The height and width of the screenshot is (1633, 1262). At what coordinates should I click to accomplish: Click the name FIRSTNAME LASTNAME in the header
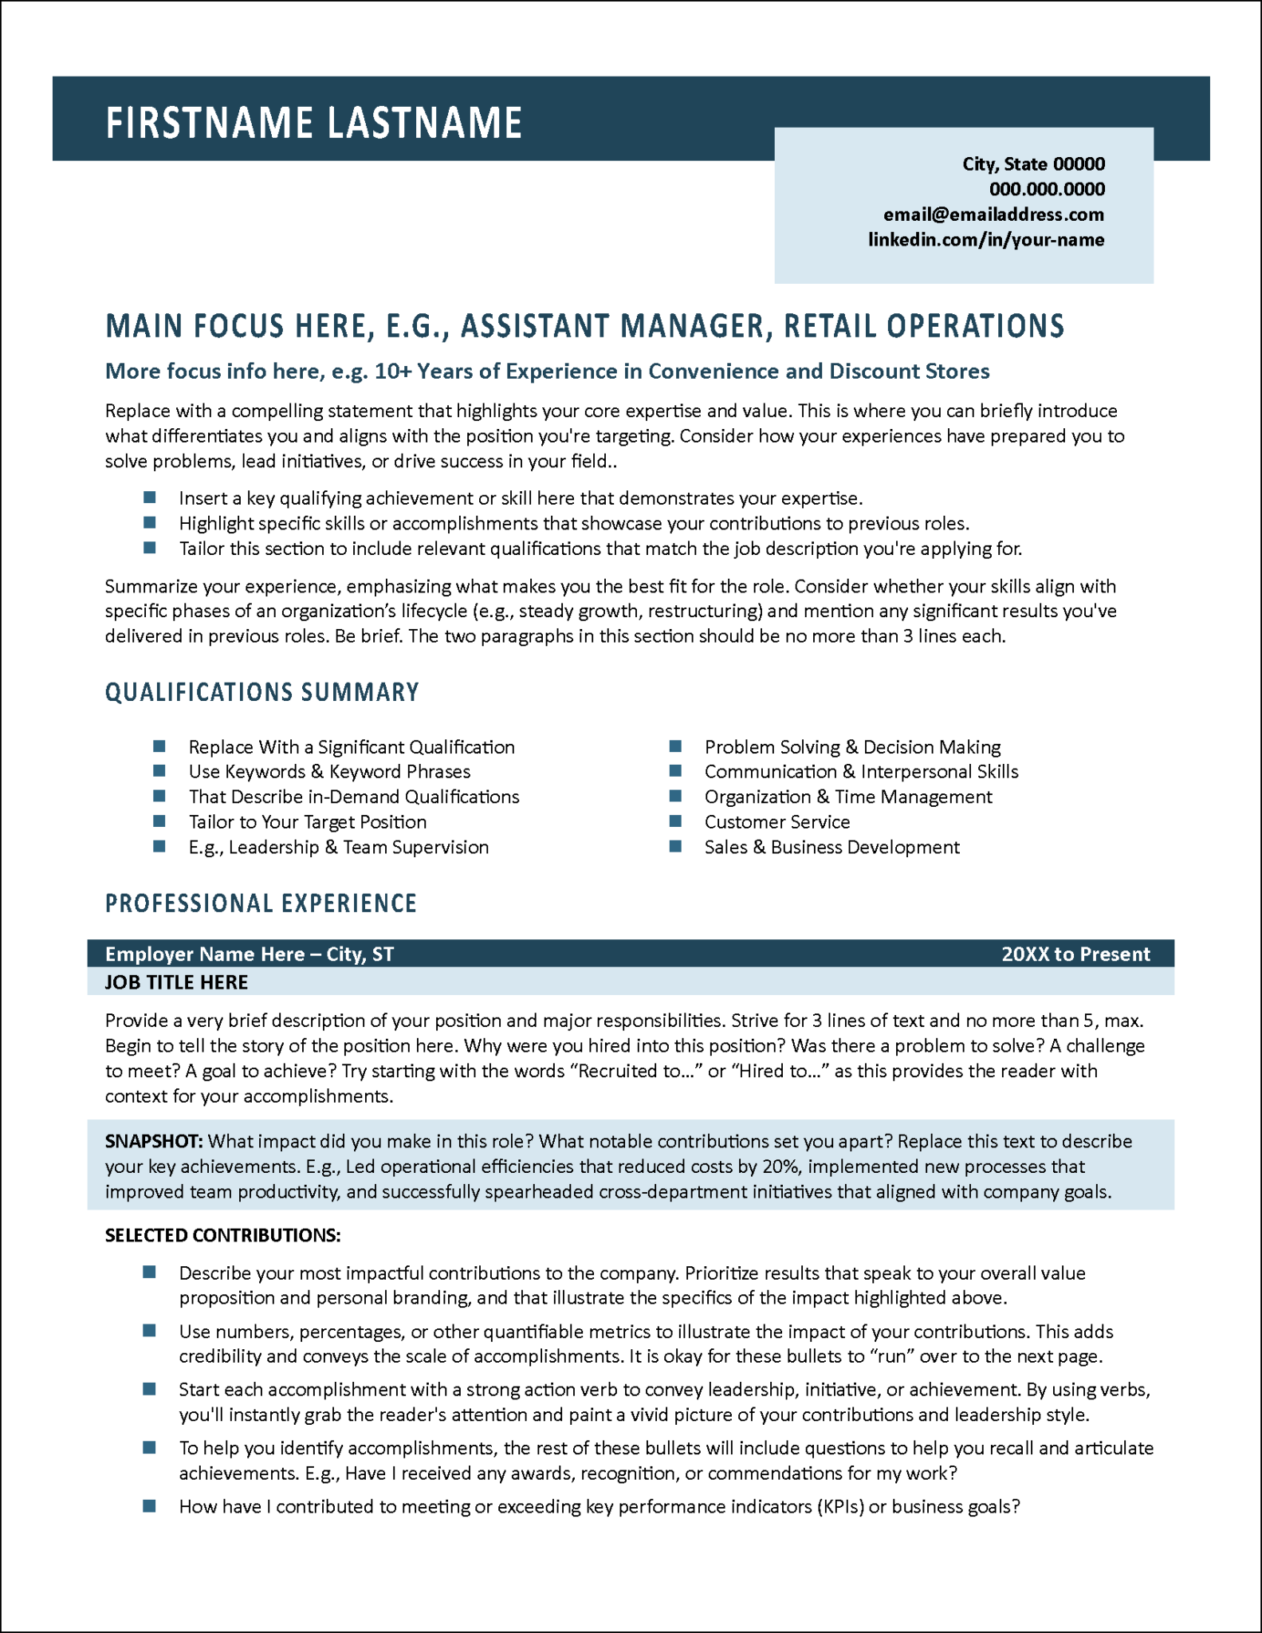[313, 124]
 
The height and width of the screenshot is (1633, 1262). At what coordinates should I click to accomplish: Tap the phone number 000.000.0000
[1047, 189]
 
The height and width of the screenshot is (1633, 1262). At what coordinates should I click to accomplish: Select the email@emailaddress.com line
[993, 214]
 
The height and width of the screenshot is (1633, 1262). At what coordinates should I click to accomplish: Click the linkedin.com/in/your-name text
[986, 240]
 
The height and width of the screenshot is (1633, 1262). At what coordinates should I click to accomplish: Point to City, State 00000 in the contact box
[1033, 164]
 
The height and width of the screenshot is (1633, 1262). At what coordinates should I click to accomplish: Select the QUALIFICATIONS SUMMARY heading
[261, 692]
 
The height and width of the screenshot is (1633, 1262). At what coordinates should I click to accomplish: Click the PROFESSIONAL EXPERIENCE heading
[261, 903]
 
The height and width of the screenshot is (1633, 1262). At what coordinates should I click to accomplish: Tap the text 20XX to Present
[1075, 954]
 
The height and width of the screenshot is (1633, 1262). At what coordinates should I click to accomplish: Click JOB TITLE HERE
[176, 982]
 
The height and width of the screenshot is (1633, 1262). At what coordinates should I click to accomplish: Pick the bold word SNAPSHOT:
[154, 1141]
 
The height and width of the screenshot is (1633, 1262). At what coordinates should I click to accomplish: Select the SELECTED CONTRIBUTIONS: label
[222, 1235]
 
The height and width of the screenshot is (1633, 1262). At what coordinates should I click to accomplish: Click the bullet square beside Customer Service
[675, 821]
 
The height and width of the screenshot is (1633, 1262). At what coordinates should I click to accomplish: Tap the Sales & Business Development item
[832, 848]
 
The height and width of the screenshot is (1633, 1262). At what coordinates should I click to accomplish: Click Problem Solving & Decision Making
[852, 747]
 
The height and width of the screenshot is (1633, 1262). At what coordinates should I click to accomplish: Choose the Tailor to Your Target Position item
[307, 822]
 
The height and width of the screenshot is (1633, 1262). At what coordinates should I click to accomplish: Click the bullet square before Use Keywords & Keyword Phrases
[159, 771]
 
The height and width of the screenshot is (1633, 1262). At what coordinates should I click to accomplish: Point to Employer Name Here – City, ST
[249, 954]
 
